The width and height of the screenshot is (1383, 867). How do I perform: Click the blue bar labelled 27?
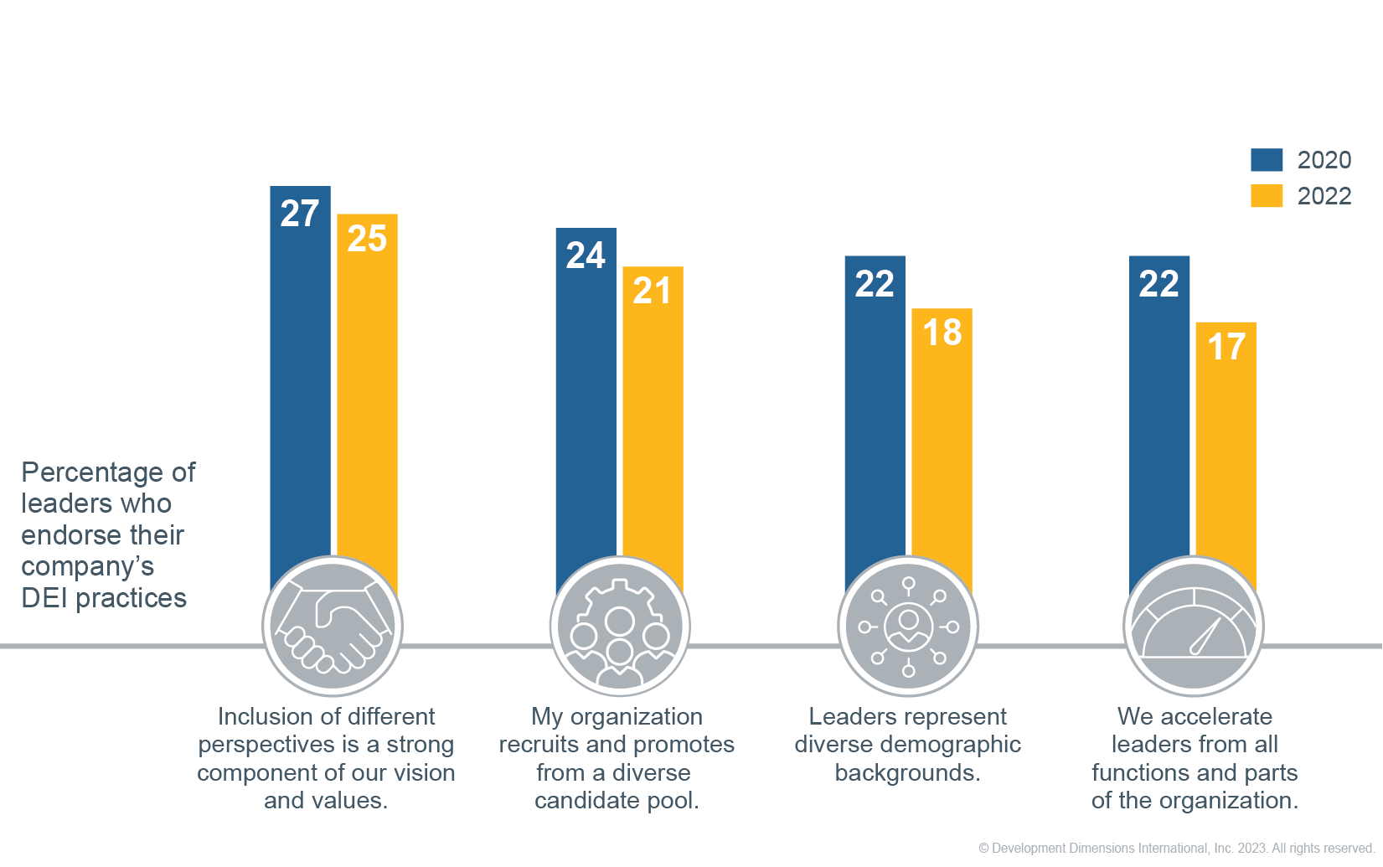[300, 377]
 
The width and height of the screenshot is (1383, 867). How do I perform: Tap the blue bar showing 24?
[586, 402]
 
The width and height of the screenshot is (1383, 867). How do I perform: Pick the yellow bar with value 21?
[653, 419]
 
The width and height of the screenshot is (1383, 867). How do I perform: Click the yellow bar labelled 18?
[942, 444]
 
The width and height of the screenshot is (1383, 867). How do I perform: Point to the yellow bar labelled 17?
[1226, 452]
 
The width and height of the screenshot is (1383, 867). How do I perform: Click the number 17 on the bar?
[1226, 347]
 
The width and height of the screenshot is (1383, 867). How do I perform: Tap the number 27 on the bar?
[300, 214]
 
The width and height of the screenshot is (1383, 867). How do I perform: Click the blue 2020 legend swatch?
[1267, 160]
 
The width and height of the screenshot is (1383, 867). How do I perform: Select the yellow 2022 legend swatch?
[1267, 196]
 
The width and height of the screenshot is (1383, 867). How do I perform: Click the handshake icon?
[333, 627]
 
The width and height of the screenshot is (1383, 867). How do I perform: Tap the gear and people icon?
[620, 627]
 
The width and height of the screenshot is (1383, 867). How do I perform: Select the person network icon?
[908, 627]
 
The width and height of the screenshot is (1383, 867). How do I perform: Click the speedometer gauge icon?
[1194, 627]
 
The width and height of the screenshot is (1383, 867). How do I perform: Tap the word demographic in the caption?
[951, 745]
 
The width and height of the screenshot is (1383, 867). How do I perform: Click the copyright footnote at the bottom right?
[1176, 849]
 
